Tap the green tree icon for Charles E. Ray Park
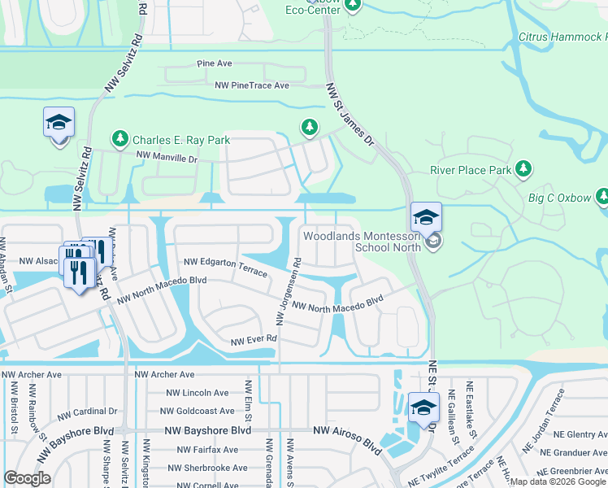(120, 139)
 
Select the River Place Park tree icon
(524, 169)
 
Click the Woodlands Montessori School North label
(362, 242)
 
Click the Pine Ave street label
(215, 63)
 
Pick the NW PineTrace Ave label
(252, 85)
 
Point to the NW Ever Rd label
(254, 338)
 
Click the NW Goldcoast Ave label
(199, 412)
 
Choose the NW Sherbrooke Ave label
(207, 468)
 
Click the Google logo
(27, 478)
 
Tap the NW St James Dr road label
(350, 114)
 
